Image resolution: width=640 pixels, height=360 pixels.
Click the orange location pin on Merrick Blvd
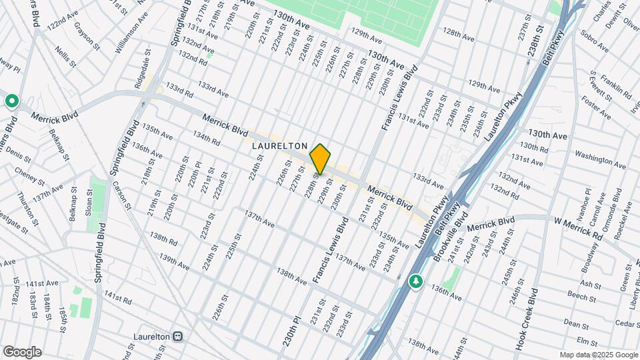320,159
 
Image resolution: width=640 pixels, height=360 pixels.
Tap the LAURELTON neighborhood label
280,145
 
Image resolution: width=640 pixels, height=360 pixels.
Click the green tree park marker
417,281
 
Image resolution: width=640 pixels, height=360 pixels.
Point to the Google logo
22,352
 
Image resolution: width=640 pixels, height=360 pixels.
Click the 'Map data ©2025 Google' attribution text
598,355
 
